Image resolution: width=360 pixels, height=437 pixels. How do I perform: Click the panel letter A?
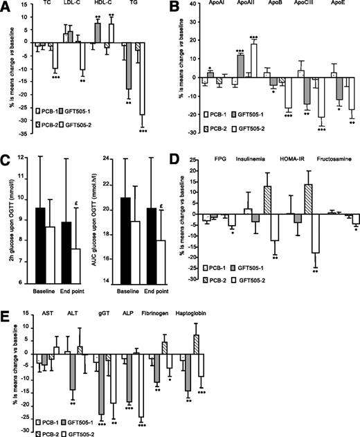coord(6,7)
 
